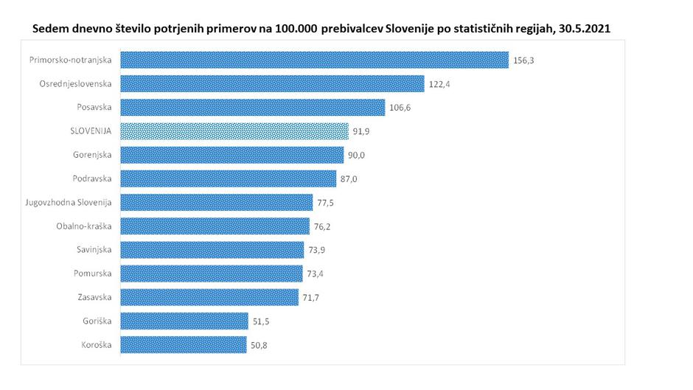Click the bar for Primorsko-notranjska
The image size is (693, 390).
point(314,60)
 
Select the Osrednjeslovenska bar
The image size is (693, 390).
point(272,83)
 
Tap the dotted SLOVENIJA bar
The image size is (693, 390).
point(234,131)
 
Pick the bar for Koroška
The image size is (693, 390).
point(183,344)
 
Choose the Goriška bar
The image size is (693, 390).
point(184,321)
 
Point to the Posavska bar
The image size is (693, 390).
point(252,108)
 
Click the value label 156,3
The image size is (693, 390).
point(523,60)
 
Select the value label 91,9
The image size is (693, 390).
point(362,131)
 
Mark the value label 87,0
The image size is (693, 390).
point(349,178)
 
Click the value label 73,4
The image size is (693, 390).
point(317,274)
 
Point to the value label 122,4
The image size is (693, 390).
point(439,84)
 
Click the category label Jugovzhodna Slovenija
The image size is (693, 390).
point(67,202)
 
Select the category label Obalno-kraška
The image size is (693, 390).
point(83,226)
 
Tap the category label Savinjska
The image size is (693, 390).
point(93,250)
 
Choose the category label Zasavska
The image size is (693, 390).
point(94,297)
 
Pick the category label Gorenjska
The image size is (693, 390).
point(92,155)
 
